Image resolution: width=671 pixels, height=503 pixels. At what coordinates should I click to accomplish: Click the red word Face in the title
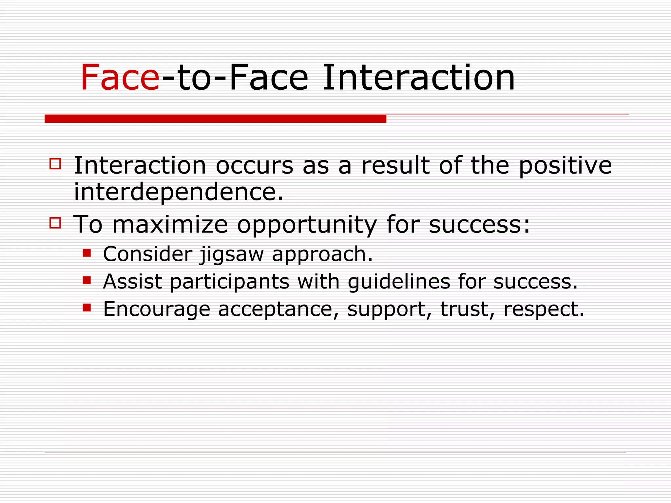120,78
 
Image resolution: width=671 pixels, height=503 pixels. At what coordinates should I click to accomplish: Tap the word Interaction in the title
418,78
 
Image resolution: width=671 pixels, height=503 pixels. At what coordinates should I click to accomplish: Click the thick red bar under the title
215,119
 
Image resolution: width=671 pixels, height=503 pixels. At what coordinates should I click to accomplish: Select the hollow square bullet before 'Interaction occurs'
55,163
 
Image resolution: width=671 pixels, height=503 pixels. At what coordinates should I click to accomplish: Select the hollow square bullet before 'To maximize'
55,223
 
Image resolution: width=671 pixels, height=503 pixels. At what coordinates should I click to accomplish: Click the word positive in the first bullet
565,166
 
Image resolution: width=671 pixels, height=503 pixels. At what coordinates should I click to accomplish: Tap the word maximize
170,225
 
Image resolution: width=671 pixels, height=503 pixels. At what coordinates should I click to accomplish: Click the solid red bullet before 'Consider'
86,253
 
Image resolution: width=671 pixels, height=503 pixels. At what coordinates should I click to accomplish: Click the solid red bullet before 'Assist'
86,280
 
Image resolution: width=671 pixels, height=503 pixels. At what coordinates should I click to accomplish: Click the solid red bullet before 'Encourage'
86,307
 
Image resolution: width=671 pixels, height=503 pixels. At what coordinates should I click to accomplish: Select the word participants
229,282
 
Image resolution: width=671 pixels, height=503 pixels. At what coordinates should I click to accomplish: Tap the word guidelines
399,282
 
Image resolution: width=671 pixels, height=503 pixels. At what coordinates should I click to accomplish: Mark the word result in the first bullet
395,165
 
